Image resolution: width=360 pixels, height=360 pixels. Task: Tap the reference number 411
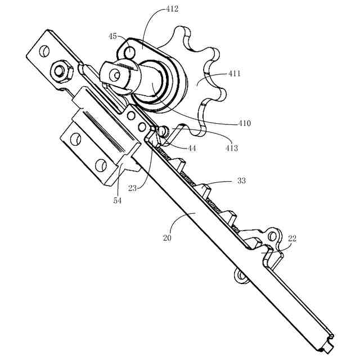(x=236, y=73)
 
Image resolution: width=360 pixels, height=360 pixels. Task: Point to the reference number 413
(x=231, y=148)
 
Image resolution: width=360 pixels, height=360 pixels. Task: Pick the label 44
(x=192, y=148)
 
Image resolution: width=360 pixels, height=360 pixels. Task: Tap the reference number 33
(x=241, y=181)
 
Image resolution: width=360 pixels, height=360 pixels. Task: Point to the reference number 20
(x=167, y=237)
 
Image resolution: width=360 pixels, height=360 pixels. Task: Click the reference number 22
(x=292, y=238)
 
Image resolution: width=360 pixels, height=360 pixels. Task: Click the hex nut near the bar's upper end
(x=60, y=71)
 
